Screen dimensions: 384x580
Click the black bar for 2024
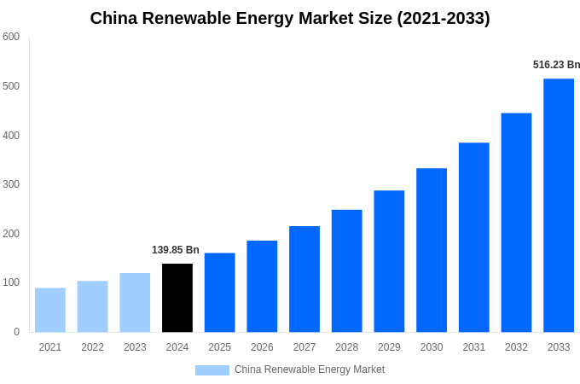177,298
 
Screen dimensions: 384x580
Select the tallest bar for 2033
559,205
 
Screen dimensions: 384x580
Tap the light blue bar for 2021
50,310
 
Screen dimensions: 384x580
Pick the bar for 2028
347,271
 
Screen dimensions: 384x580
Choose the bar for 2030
432,250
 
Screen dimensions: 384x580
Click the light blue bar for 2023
135,302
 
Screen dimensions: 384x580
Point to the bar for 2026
262,286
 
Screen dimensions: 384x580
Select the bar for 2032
516,223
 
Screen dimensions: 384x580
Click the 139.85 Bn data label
176,250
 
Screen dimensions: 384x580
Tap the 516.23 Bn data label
556,65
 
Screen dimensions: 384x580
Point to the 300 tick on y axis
11,184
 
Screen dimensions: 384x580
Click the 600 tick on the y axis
11,37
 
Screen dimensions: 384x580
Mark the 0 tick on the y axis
16,332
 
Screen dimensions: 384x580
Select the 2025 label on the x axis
219,347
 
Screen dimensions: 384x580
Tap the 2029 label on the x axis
389,347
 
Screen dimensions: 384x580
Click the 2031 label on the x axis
473,347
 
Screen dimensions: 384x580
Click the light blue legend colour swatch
212,369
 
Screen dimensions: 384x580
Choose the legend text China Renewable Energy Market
309,369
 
